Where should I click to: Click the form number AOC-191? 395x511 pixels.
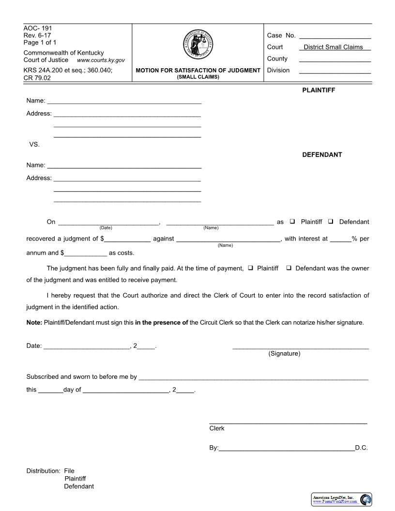(x=38, y=28)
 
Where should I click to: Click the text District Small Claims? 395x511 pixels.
(x=333, y=47)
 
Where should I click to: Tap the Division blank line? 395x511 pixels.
(x=335, y=71)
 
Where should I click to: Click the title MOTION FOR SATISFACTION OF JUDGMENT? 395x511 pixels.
(x=198, y=71)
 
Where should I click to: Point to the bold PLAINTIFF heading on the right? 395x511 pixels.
(x=319, y=90)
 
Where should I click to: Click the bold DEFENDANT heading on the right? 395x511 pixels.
(x=322, y=155)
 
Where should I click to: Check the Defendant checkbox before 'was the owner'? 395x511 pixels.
(x=289, y=268)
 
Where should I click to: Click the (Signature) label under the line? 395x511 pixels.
(x=284, y=354)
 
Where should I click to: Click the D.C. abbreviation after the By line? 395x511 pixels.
(x=361, y=448)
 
